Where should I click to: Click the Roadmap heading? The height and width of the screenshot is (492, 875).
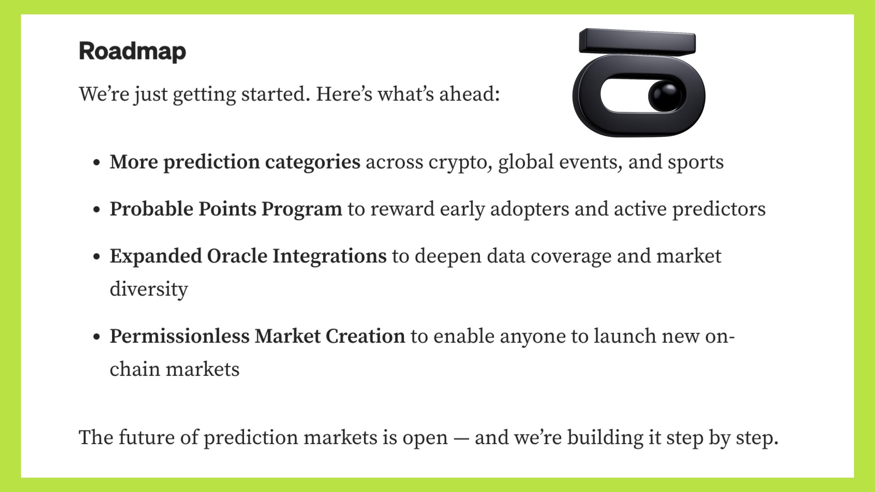pyautogui.click(x=133, y=51)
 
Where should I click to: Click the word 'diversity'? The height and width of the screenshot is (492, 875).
pyautogui.click(x=149, y=289)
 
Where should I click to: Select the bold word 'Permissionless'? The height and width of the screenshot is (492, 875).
pyautogui.click(x=180, y=336)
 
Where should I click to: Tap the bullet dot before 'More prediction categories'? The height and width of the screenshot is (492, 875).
pyautogui.click(x=97, y=163)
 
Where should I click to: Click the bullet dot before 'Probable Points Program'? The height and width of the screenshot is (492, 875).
pyautogui.click(x=97, y=210)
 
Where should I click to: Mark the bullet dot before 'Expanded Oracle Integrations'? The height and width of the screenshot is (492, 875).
pyautogui.click(x=97, y=257)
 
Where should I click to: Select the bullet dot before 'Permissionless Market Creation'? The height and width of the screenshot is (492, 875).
pyautogui.click(x=97, y=337)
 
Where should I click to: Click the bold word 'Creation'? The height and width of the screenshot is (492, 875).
pyautogui.click(x=365, y=336)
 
